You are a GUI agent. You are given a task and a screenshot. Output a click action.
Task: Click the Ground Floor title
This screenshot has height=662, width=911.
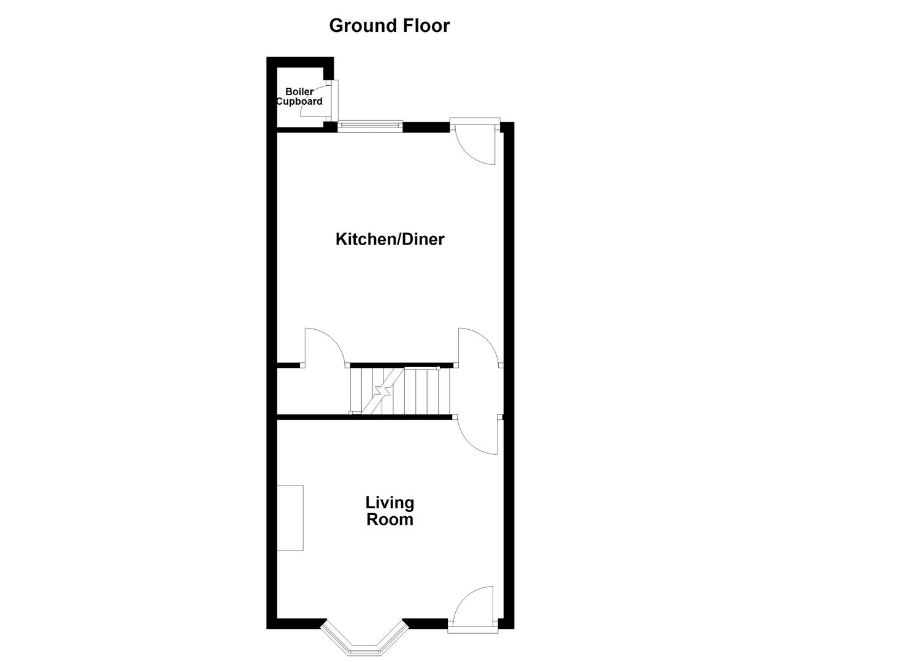click(389, 26)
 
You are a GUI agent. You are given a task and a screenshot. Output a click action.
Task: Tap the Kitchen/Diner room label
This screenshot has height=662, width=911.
click(390, 239)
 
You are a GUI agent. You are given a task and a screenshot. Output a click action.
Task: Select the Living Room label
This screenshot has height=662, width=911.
click(390, 511)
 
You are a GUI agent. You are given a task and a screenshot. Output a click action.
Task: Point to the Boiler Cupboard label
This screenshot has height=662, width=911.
click(299, 97)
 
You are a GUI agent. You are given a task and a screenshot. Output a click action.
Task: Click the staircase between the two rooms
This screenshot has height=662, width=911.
click(400, 390)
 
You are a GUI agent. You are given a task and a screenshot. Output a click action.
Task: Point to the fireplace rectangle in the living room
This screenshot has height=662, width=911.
click(290, 517)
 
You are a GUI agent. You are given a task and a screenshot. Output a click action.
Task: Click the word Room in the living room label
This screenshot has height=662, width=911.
click(390, 520)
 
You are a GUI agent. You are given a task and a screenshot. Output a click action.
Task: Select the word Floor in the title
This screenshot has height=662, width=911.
click(426, 26)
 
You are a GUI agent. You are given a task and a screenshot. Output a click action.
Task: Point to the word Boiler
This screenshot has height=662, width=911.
click(299, 92)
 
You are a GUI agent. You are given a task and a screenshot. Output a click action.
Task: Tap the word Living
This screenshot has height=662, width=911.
click(390, 503)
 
